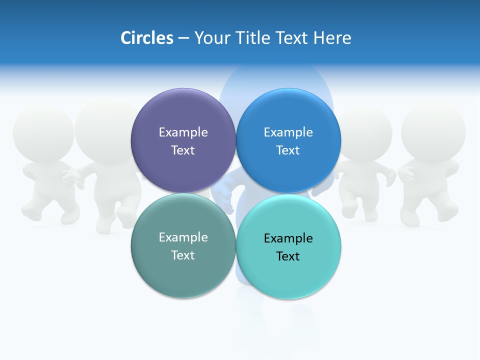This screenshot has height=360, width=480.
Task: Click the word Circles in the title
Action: point(147,38)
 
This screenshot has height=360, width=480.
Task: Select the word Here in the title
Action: point(332,38)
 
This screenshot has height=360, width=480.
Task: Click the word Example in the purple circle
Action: point(183,132)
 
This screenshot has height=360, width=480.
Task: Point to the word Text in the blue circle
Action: point(288,150)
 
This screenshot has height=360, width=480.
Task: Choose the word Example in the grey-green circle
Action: point(183,237)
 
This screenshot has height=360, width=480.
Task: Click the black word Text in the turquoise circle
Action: point(288,256)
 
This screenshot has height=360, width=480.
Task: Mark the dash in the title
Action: point(183,38)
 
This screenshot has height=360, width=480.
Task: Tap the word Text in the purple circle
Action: point(183,150)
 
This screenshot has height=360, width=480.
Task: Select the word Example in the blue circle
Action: point(288,132)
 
